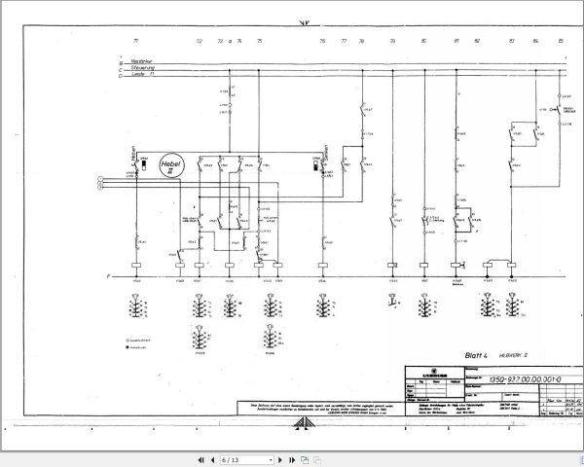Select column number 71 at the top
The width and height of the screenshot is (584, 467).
[136, 42]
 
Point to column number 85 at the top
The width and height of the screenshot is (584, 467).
[561, 42]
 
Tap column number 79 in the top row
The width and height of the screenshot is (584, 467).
[392, 42]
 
